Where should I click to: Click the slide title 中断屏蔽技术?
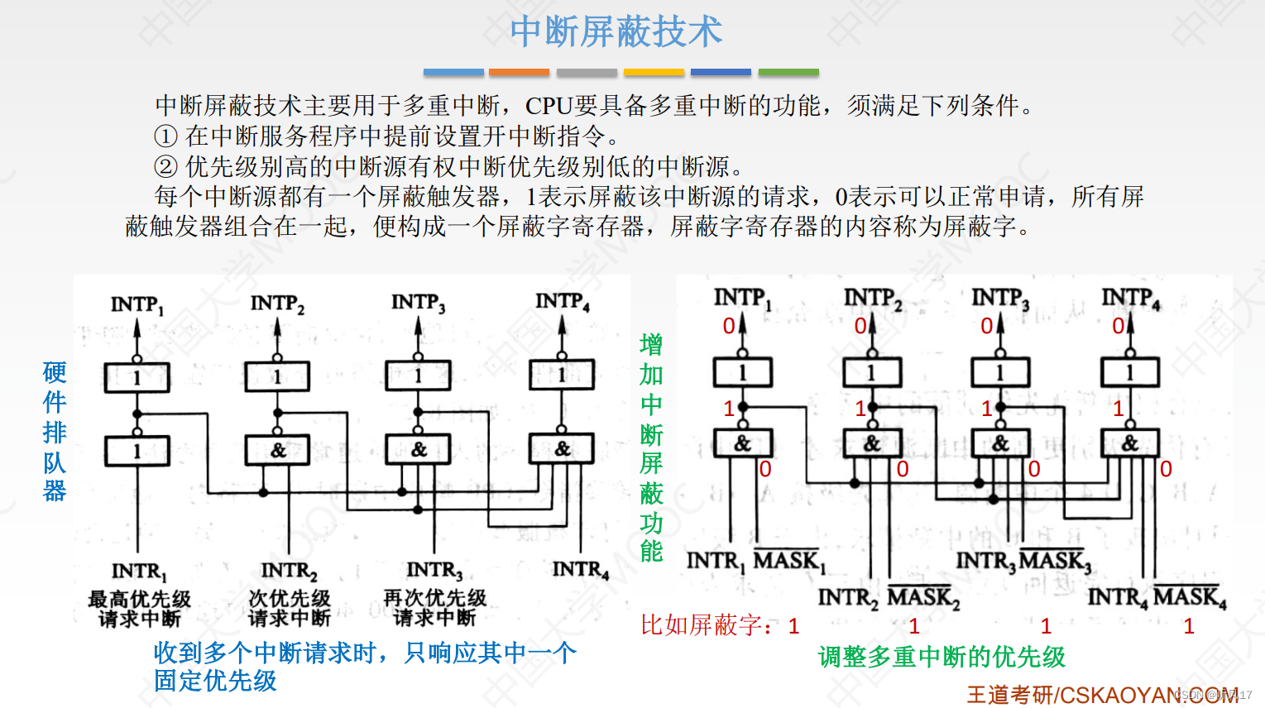tap(616, 31)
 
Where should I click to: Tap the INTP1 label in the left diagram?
tap(137, 305)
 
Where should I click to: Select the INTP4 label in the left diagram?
tap(563, 302)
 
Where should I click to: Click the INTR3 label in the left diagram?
tap(434, 571)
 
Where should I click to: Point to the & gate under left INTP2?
tap(278, 451)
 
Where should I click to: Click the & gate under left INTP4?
tap(562, 449)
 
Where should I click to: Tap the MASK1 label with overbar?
tap(788, 561)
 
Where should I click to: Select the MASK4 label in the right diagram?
tap(1189, 597)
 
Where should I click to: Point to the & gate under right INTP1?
tap(742, 444)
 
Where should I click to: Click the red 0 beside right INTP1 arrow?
tap(728, 326)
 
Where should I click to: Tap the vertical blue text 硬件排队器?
tap(55, 431)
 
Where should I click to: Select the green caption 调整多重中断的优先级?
tap(942, 658)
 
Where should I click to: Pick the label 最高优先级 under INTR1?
tap(139, 598)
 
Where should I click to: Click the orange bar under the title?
tap(519, 73)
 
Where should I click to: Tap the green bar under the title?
tap(788, 73)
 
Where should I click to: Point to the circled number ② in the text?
tap(165, 166)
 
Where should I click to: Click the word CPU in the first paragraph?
tap(549, 106)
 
